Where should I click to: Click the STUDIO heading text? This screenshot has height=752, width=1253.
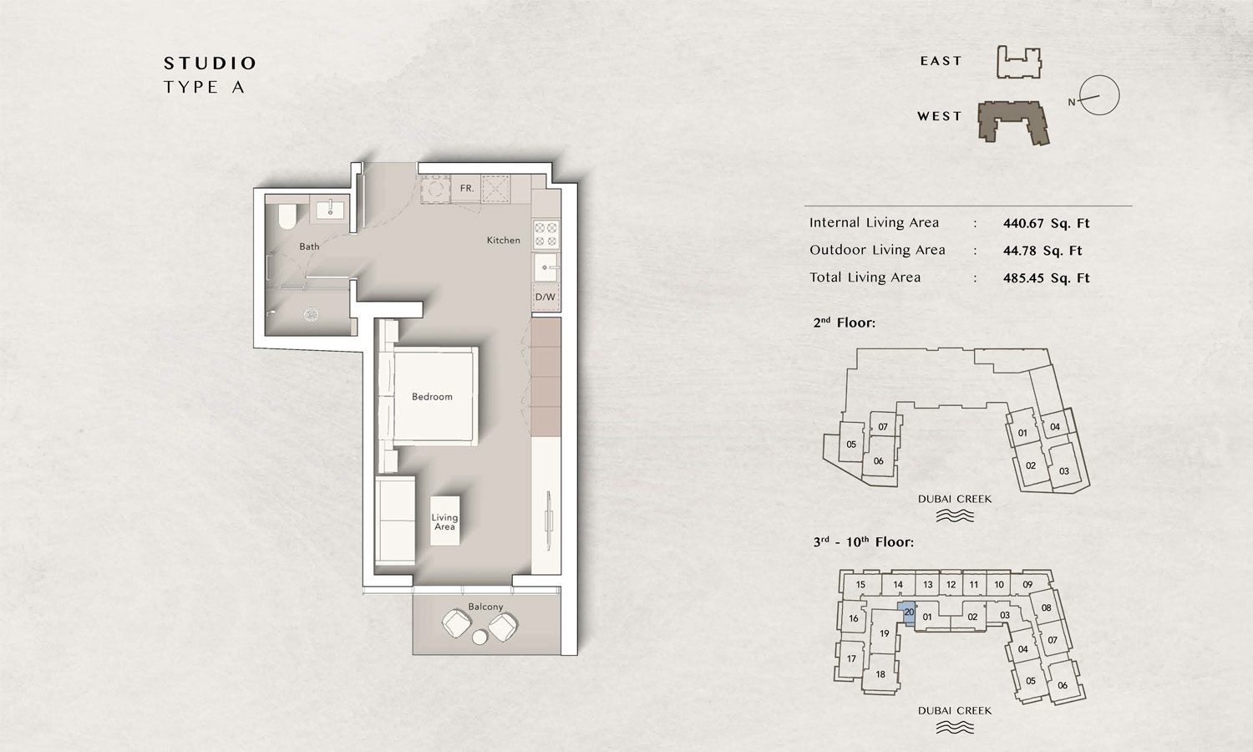pos(210,64)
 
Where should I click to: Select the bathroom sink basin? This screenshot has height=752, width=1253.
pos(332,208)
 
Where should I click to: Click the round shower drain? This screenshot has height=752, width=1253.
pos(311,315)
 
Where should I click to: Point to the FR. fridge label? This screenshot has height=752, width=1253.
pos(467,189)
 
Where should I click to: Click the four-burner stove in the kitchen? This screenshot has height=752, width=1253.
pos(545,234)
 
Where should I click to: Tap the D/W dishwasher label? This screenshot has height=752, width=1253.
pos(545,297)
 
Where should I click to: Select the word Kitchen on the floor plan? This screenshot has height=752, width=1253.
pos(503,241)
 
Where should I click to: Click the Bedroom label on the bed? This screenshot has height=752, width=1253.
pos(432,397)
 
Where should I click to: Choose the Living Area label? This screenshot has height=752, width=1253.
pos(444,522)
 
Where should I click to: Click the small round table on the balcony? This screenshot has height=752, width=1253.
pos(479,638)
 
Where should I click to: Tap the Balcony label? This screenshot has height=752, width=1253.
pos(485,607)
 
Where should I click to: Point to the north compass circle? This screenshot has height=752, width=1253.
pos(1099,95)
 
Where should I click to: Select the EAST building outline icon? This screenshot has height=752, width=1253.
pos(1019,64)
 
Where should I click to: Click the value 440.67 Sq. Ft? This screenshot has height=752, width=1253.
pos(1046,223)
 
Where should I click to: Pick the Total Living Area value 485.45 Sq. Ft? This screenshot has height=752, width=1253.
pos(1046,278)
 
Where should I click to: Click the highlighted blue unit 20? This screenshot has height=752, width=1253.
pos(908,612)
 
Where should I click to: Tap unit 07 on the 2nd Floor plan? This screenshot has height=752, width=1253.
pos(883,427)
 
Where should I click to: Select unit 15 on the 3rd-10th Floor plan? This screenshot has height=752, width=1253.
pos(860,585)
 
